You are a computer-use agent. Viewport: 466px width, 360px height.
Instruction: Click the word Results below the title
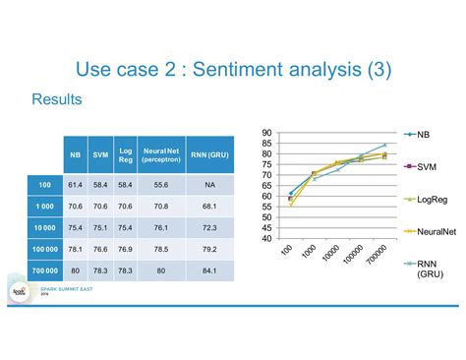pos(55,100)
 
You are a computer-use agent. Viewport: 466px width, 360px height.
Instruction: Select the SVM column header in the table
pos(100,154)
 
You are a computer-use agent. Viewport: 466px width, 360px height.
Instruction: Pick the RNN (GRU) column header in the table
pos(210,154)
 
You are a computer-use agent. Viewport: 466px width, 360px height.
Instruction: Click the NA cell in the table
pos(210,184)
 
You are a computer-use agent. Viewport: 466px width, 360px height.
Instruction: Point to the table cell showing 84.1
pos(210,270)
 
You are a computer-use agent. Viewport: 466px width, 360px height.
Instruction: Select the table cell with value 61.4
pos(75,184)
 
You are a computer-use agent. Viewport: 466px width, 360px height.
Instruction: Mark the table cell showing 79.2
pos(210,249)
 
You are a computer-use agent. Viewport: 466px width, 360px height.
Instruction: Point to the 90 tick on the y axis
pos(266,134)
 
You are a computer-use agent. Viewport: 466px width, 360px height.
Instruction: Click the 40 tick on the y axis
pos(266,238)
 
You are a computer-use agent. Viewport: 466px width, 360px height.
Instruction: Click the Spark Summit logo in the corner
pos(18,293)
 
